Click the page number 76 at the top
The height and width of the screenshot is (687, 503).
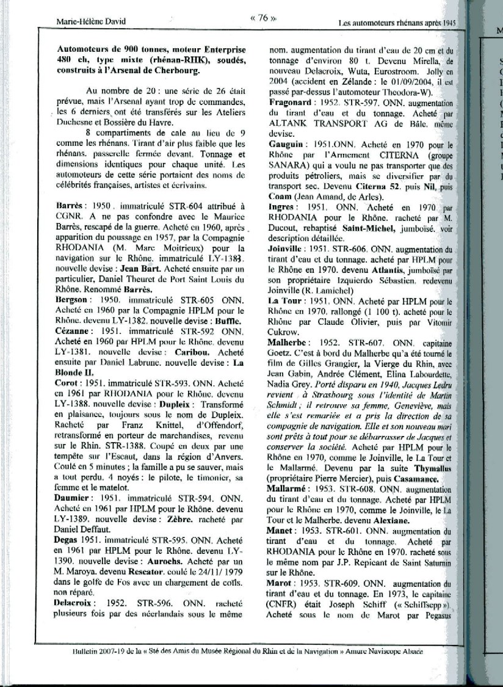pyautogui.click(x=259, y=18)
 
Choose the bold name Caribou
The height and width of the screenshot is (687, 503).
pyautogui.click(x=187, y=352)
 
